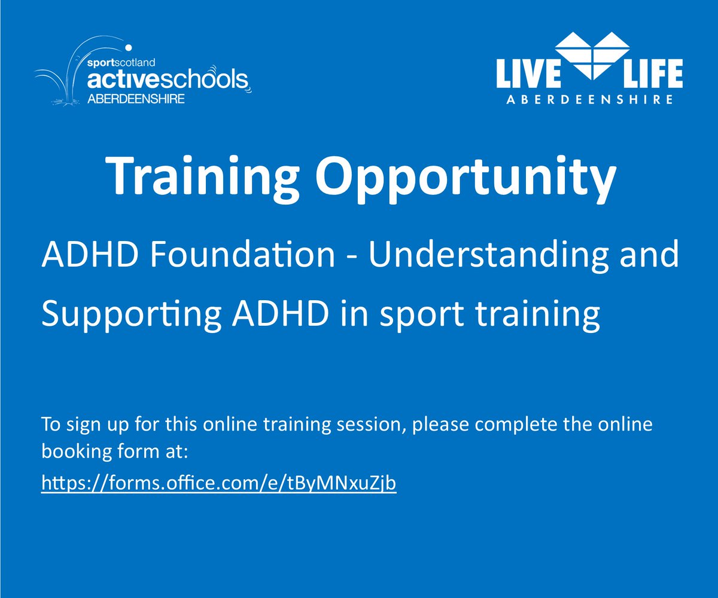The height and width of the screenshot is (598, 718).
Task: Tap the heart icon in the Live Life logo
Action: click(x=589, y=56)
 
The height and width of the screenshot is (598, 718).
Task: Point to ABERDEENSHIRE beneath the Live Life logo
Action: click(x=589, y=100)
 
